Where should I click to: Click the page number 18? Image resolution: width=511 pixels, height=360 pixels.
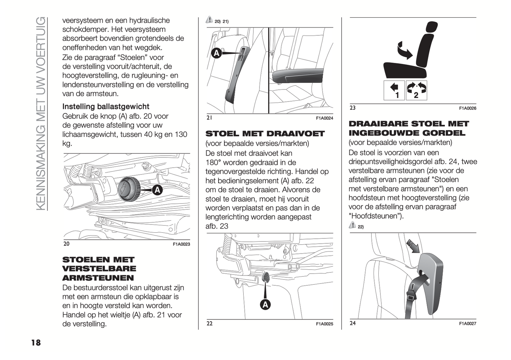tap(36, 342)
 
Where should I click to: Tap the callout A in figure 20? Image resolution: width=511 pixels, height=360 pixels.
tap(157, 190)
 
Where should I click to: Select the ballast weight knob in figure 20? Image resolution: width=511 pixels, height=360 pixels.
tap(128, 190)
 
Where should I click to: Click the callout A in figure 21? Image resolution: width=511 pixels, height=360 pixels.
tap(216, 53)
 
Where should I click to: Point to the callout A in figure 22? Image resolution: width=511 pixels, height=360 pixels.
tap(265, 304)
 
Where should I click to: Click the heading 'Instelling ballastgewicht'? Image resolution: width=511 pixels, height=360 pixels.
tap(106, 106)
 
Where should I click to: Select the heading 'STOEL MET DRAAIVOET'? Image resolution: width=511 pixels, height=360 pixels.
tap(265, 134)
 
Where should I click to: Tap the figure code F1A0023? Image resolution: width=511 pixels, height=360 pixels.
tap(181, 244)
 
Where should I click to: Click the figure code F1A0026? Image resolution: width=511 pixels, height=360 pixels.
tap(468, 109)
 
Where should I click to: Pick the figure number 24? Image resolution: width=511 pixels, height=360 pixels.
tap(353, 323)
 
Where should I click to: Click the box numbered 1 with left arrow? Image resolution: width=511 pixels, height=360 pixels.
tap(394, 90)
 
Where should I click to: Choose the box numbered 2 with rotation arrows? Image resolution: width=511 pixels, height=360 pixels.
tap(417, 90)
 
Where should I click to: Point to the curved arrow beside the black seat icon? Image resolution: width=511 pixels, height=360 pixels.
tap(404, 50)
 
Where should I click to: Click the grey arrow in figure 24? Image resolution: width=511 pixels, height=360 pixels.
tap(413, 246)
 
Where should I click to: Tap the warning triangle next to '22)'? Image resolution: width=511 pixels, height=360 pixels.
tap(352, 225)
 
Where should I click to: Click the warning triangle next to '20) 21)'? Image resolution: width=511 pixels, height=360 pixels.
tap(209, 20)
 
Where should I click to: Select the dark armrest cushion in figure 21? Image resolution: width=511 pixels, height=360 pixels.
tap(297, 75)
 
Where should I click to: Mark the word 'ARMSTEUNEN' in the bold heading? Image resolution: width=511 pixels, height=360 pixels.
tap(98, 278)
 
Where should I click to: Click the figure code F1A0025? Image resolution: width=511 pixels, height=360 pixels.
tap(324, 324)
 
